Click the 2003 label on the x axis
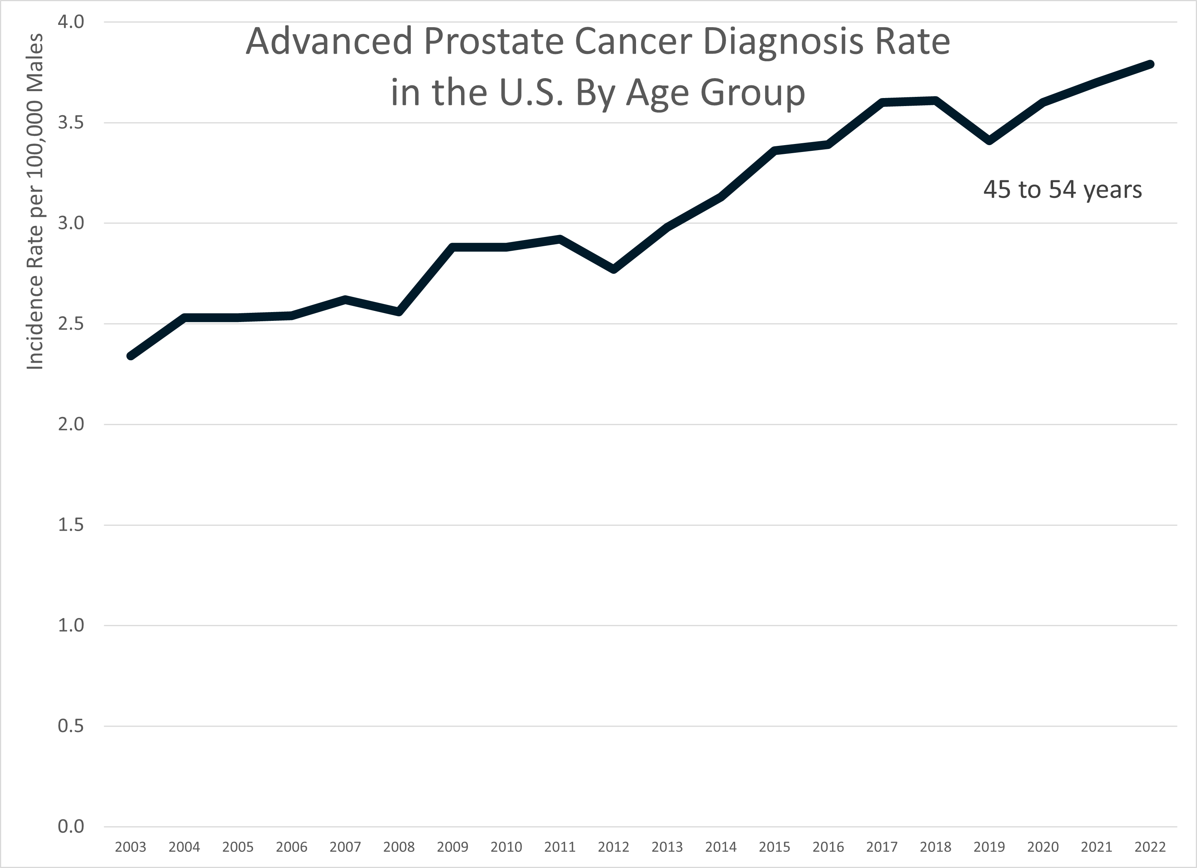[130, 847]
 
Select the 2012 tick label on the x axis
[613, 847]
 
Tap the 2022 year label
[1150, 847]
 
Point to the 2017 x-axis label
[882, 847]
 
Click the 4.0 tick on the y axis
[71, 22]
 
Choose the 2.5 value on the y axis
[71, 324]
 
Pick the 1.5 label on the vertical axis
[71, 525]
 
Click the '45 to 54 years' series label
[1063, 190]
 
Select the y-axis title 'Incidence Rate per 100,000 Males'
[35, 201]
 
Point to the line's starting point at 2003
[130, 356]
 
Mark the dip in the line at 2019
[989, 141]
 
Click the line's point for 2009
[453, 247]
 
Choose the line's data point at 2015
[775, 150]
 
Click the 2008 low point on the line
[399, 312]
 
